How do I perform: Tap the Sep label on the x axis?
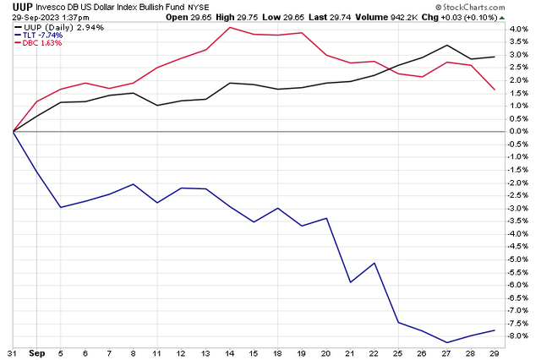click(x=36, y=352)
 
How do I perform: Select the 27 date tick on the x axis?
click(x=447, y=352)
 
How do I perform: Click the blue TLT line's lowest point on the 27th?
click(x=447, y=342)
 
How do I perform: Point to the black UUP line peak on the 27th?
click(x=447, y=45)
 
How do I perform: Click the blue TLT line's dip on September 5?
click(x=61, y=207)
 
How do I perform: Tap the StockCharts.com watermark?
click(x=498, y=7)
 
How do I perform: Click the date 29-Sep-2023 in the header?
click(x=25, y=16)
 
